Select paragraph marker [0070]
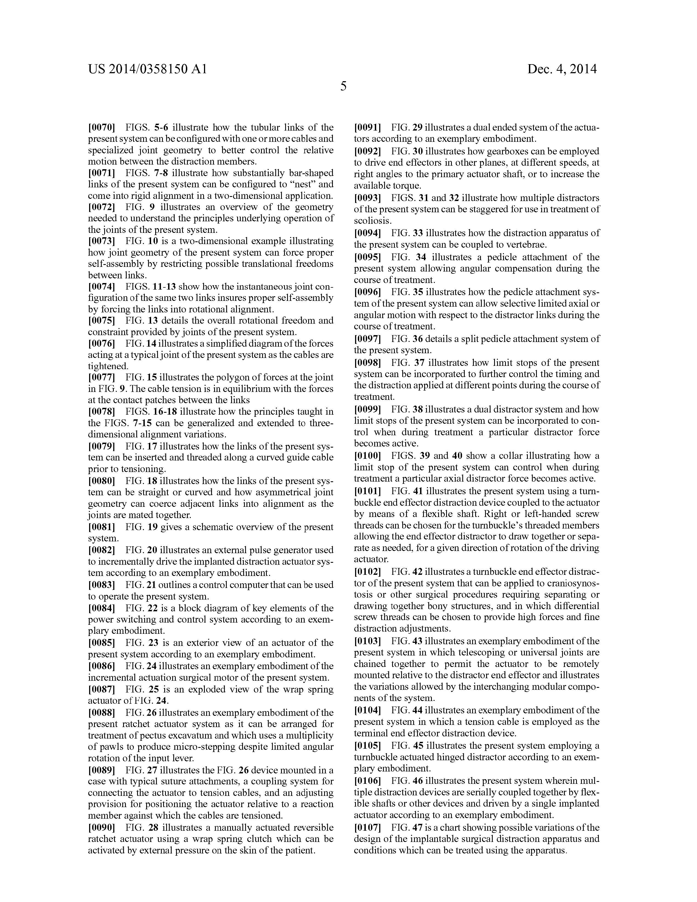101,127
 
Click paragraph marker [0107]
367,828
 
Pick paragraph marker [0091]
367,127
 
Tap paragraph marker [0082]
101,550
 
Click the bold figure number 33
419,233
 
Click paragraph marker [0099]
367,409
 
